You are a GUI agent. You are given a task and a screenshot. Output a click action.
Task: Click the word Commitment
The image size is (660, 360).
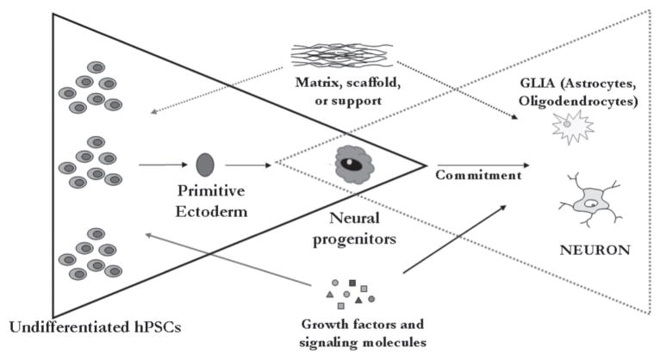click(480, 175)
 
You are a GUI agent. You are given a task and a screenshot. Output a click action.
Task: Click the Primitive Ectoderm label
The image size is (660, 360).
click(206, 197)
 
